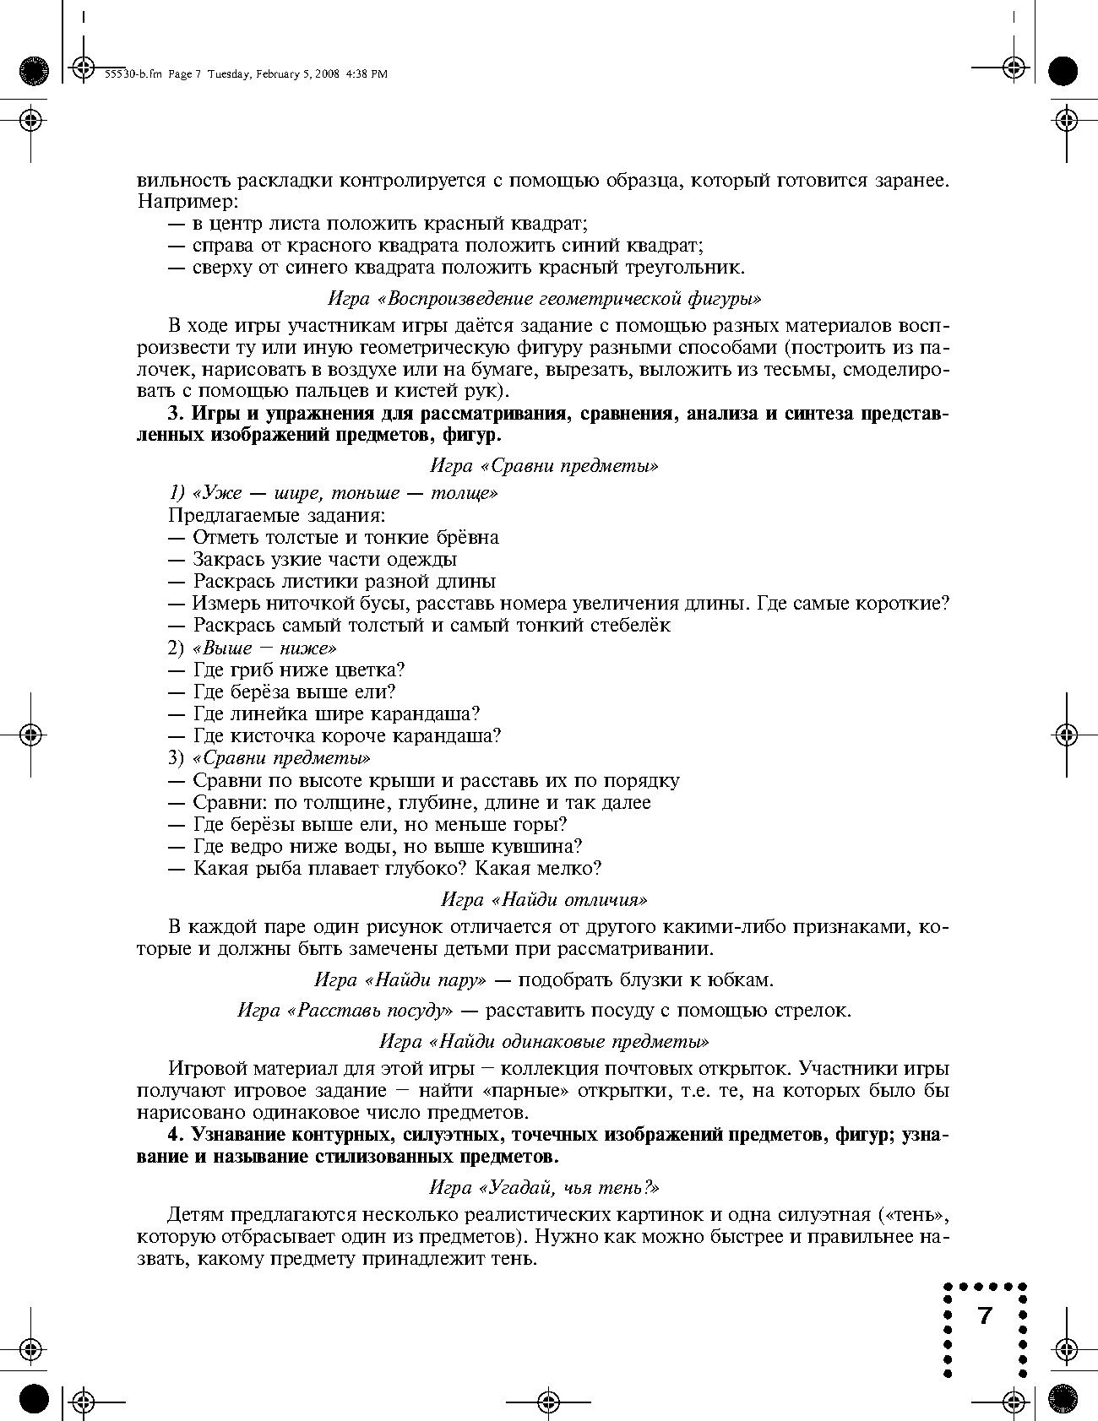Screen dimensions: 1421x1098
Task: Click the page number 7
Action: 984,1315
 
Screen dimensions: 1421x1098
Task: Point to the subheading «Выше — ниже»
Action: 264,648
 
